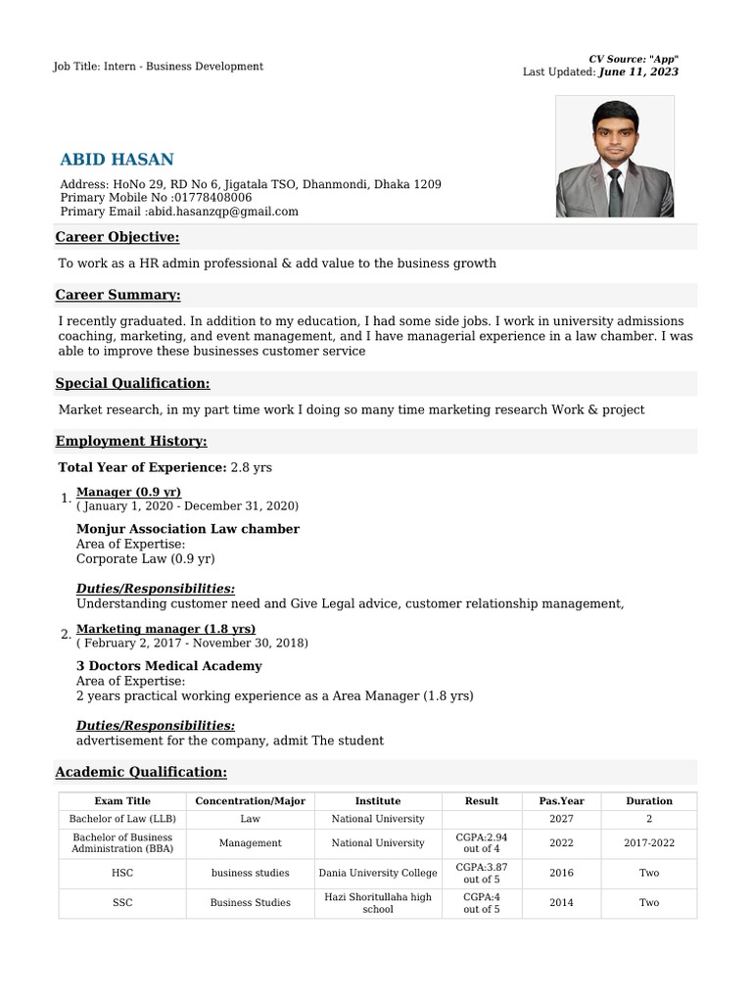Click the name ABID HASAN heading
pos(117,160)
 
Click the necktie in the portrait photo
pos(615,192)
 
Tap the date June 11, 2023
pos(638,72)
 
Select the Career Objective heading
pos(117,237)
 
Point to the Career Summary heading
pos(117,295)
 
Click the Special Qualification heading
pos(132,383)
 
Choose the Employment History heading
pos(131,441)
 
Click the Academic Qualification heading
pos(141,772)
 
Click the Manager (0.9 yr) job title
pos(128,492)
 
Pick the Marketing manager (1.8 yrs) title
pos(165,629)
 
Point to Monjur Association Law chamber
pos(188,529)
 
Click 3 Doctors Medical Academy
pos(169,666)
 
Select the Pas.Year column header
pos(561,801)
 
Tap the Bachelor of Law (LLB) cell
pos(122,819)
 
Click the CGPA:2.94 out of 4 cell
pos(482,842)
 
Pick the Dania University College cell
pos(378,873)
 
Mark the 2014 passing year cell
pos(561,902)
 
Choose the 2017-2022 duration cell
pos(649,842)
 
